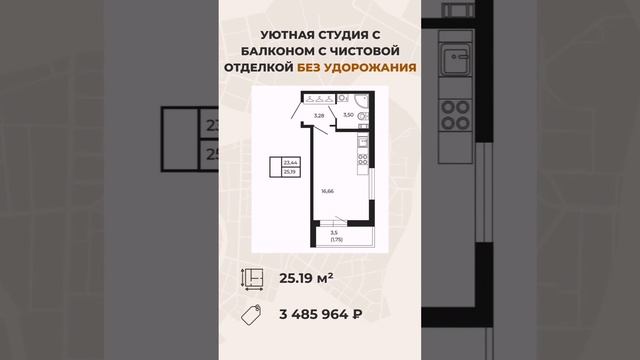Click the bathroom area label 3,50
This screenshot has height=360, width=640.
coord(348,117)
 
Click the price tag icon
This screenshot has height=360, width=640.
coord(255,315)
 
